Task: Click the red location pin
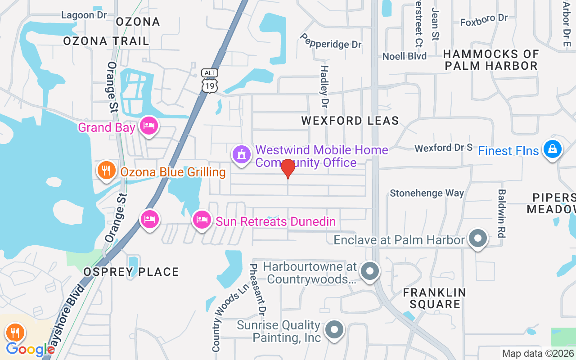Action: pyautogui.click(x=288, y=169)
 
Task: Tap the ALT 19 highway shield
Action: pyautogui.click(x=210, y=81)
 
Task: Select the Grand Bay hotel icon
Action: pyautogui.click(x=148, y=126)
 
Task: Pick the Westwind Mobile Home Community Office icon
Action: pyautogui.click(x=242, y=155)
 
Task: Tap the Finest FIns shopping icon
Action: pyautogui.click(x=552, y=149)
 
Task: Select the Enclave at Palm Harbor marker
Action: pyautogui.click(x=478, y=238)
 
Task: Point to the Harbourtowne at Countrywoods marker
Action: pyautogui.click(x=370, y=271)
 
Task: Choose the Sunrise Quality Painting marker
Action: pyautogui.click(x=334, y=330)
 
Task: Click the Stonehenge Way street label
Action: pyautogui.click(x=427, y=193)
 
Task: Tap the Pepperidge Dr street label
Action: pyautogui.click(x=331, y=41)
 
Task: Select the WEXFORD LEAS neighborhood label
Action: pyautogui.click(x=350, y=121)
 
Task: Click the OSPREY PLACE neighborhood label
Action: pyautogui.click(x=131, y=272)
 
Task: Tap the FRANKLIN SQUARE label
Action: pyautogui.click(x=434, y=298)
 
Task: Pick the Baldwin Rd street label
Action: pyautogui.click(x=502, y=213)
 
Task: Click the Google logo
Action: pyautogui.click(x=30, y=349)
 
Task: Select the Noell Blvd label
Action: pyautogui.click(x=405, y=56)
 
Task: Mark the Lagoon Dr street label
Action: pyautogui.click(x=84, y=15)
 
